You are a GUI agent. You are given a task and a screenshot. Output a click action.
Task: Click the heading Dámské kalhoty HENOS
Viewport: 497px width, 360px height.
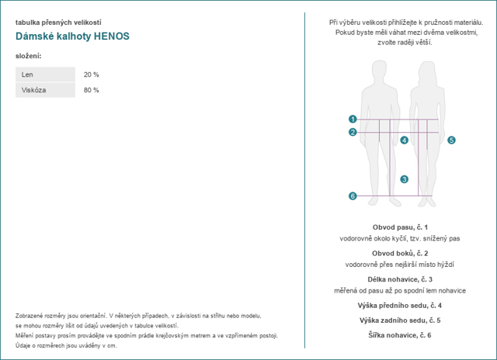point(72,36)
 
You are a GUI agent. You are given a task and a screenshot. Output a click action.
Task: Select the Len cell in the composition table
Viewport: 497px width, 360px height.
point(45,74)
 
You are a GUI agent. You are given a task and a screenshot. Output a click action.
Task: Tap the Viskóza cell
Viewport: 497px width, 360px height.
point(45,90)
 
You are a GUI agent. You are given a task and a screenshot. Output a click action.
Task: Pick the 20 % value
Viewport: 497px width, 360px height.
point(92,74)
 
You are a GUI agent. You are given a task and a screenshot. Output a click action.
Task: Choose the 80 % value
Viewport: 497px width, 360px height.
point(92,90)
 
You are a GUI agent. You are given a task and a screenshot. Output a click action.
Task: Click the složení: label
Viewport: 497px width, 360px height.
point(29,56)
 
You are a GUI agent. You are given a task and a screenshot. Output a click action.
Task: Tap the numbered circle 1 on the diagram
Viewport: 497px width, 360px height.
point(353,119)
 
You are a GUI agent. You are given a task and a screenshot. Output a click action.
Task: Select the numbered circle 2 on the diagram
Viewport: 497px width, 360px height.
point(353,132)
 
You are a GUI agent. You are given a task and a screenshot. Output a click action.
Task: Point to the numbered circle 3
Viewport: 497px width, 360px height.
point(404,179)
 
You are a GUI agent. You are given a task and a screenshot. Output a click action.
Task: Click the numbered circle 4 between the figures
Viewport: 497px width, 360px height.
point(404,140)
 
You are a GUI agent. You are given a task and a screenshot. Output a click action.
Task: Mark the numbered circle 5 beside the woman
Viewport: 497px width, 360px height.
point(451,140)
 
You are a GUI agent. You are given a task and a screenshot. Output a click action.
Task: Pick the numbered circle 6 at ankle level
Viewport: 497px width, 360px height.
point(353,196)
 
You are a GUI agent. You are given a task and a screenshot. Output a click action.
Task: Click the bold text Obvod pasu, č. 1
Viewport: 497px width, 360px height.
point(400,227)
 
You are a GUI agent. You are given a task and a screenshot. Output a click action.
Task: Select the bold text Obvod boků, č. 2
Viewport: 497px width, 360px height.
point(400,253)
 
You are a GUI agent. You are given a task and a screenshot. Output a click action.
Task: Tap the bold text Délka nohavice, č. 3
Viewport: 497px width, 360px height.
point(400,279)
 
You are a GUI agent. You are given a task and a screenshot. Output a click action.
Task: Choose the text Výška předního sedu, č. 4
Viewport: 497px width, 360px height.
point(400,306)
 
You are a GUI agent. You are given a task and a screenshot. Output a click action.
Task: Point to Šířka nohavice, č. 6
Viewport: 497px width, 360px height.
point(400,335)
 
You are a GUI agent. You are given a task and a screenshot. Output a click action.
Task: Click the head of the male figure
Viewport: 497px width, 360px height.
point(379,71)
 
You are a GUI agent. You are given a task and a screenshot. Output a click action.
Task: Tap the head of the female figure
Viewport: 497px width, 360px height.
point(427,71)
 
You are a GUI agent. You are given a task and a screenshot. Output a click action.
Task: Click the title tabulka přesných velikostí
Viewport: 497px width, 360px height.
point(58,22)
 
